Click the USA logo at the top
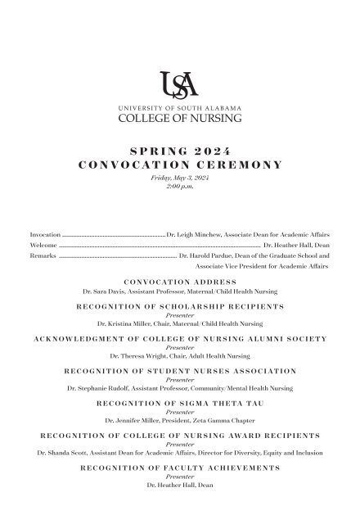point(180,84)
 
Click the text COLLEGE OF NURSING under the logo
point(180,117)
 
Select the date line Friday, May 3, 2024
point(180,177)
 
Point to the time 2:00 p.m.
point(180,186)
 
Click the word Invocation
point(45,234)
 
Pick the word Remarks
point(43,255)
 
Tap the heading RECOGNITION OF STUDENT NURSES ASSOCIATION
point(180,372)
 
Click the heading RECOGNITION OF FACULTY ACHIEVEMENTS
point(180,468)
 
